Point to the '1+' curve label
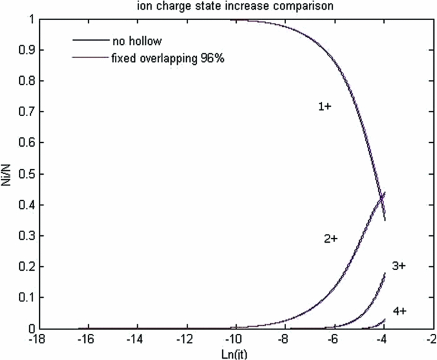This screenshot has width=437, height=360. coord(325,107)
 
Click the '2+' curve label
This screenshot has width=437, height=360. coord(330,239)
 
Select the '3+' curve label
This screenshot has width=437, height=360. coord(399,266)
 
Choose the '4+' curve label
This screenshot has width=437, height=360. coord(400,310)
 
